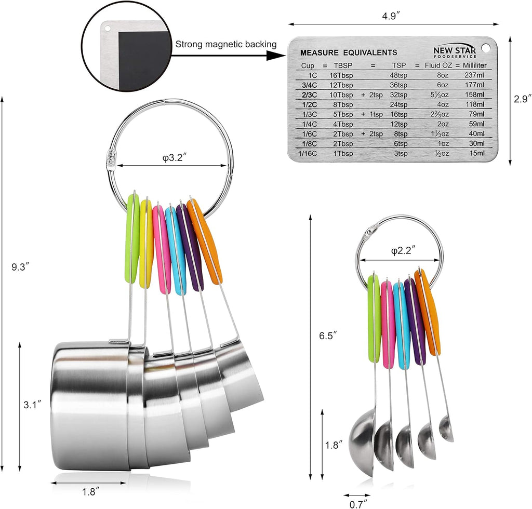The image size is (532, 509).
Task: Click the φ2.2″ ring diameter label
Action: pyautogui.click(x=402, y=251)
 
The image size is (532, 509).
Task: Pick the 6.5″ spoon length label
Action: pyautogui.click(x=328, y=336)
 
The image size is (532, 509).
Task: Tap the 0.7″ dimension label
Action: pyautogui.click(x=358, y=503)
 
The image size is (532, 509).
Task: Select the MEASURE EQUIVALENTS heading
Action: pyautogui.click(x=349, y=52)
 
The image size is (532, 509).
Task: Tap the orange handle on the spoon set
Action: pyautogui.click(x=429, y=312)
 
